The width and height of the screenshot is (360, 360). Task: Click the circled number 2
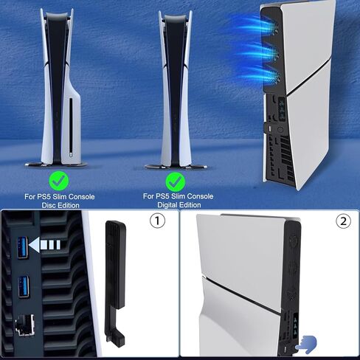pyautogui.click(x=342, y=221)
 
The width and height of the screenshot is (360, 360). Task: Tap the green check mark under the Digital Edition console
pyautogui.click(x=174, y=181)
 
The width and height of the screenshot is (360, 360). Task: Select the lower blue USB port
pyautogui.click(x=21, y=283)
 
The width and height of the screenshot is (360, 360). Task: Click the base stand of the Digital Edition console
pyautogui.click(x=173, y=163)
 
